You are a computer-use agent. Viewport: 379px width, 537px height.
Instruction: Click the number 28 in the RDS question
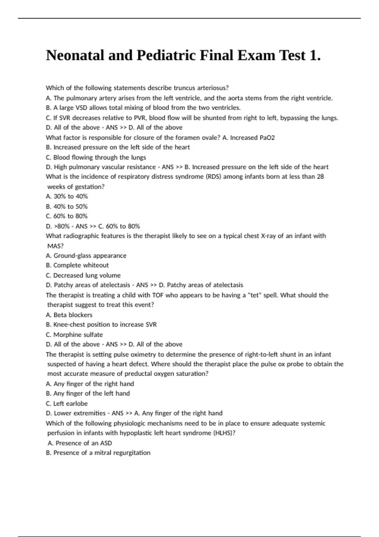point(320,177)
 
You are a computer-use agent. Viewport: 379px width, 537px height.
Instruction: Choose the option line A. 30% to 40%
point(67,196)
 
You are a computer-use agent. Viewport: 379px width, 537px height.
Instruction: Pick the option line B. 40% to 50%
point(67,206)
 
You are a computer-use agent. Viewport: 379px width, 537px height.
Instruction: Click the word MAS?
point(55,246)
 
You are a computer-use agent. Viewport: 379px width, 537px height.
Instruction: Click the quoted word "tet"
point(254,295)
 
